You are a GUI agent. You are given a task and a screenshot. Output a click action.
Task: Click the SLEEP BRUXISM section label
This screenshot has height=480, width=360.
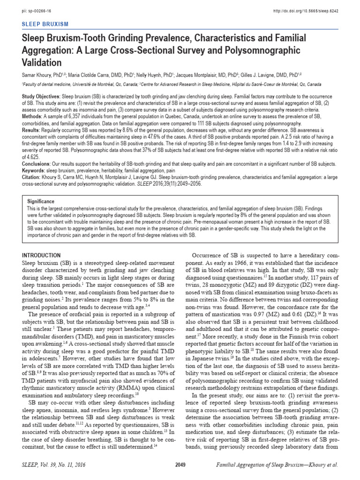[x=46, y=23]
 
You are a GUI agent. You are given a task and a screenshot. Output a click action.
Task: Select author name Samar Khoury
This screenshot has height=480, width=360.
[x=37, y=75]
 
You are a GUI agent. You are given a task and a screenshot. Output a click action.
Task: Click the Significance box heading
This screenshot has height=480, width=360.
[x=41, y=201]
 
